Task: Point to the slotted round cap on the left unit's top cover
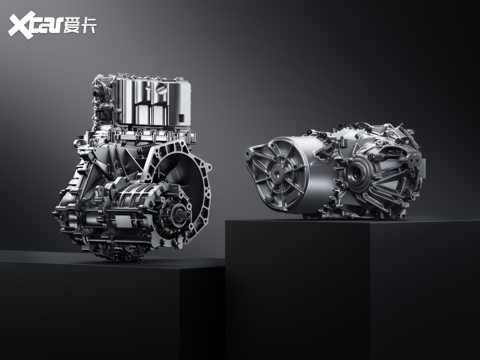coord(161,88)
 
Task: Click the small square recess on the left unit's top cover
coord(181,118)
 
